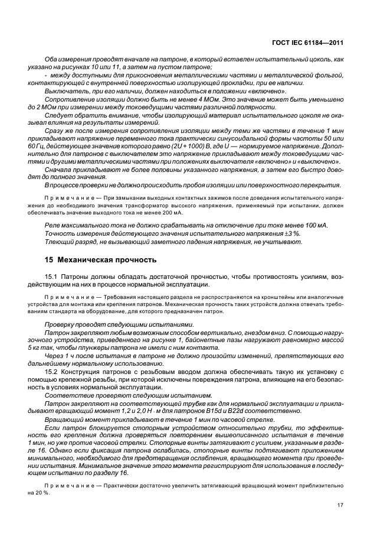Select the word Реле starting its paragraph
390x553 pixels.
[x=54, y=226]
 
